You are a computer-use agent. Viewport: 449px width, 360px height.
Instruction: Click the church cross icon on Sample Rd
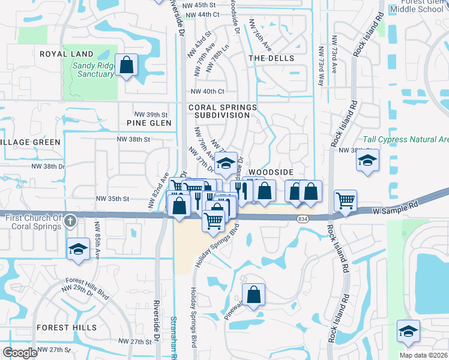(70, 221)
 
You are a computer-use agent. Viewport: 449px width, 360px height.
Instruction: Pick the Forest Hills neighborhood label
(66, 328)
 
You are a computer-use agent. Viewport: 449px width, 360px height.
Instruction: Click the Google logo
(20, 352)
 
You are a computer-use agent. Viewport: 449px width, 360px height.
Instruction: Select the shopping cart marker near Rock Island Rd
(345, 200)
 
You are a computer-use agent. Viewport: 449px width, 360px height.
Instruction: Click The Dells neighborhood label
(271, 58)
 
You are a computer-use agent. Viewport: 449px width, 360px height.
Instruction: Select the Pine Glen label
(149, 123)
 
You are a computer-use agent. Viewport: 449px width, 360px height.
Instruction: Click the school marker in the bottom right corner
(408, 331)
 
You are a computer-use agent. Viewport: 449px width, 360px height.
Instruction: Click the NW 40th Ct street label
(207, 91)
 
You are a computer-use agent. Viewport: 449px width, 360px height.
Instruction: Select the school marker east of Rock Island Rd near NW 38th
(367, 160)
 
